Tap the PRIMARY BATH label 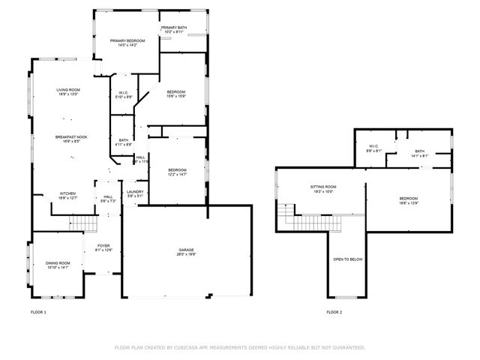click(174, 28)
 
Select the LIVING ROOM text click(67, 90)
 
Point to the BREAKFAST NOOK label click(70, 136)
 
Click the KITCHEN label click(67, 193)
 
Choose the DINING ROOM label click(58, 262)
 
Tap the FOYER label click(103, 245)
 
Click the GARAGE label click(186, 250)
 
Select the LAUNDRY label click(135, 192)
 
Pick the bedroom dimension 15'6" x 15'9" click(176, 96)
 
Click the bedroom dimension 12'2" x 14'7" click(176, 174)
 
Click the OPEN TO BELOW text click(348, 259)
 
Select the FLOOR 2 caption click(334, 311)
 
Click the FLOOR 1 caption click(38, 311)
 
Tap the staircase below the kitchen click(84, 222)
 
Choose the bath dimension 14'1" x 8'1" click(419, 156)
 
